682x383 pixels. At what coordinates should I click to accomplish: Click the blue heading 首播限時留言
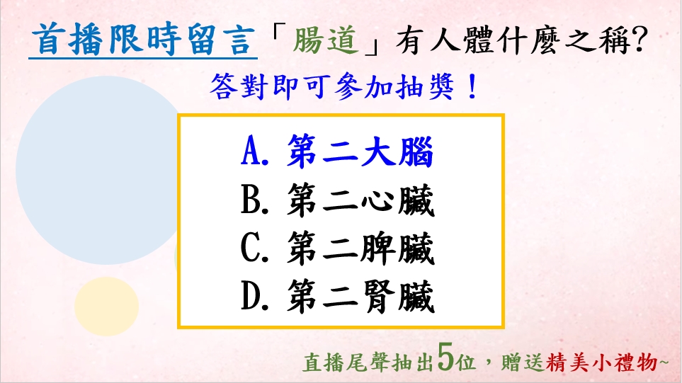pos(143,40)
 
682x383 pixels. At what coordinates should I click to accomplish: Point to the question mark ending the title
pos(640,40)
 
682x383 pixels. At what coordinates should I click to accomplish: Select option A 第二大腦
pos(337,152)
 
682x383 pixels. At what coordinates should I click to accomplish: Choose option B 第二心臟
pos(337,200)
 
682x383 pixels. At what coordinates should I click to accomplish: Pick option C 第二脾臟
pos(337,248)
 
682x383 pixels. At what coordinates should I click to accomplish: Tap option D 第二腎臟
pos(337,297)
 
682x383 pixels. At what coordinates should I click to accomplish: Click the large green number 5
pos(446,358)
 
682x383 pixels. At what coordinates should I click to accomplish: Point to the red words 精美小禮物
pos(601,362)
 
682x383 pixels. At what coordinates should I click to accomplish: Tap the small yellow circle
pos(106,307)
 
